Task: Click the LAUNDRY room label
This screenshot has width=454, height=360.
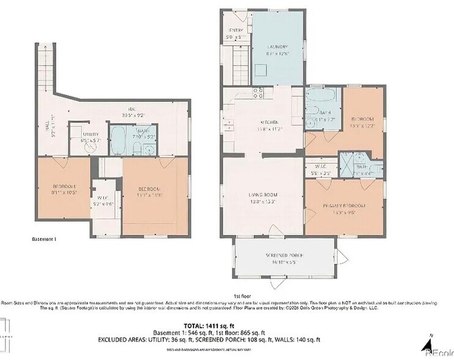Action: pos(277,47)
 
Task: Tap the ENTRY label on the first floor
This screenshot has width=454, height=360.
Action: pos(236,30)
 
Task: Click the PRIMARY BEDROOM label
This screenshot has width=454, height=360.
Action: pos(344,206)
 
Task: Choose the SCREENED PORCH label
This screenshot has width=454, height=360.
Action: pos(285,255)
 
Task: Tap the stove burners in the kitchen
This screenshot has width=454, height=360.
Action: pos(259,93)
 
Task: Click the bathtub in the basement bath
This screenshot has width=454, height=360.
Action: pos(119,140)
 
